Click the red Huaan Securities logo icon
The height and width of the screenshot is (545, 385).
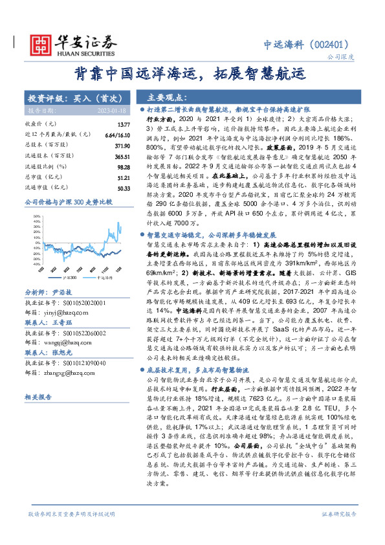click(40, 43)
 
